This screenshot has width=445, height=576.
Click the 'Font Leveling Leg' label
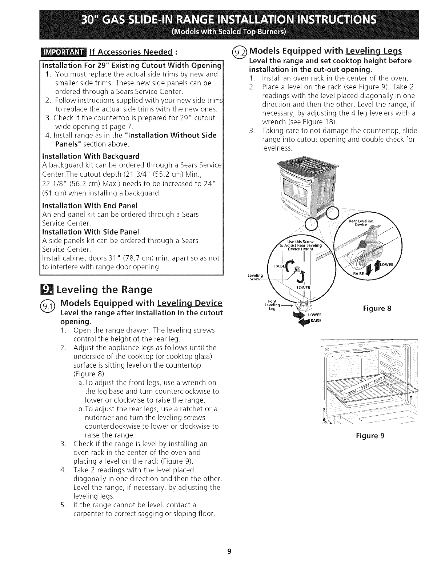[272, 305]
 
